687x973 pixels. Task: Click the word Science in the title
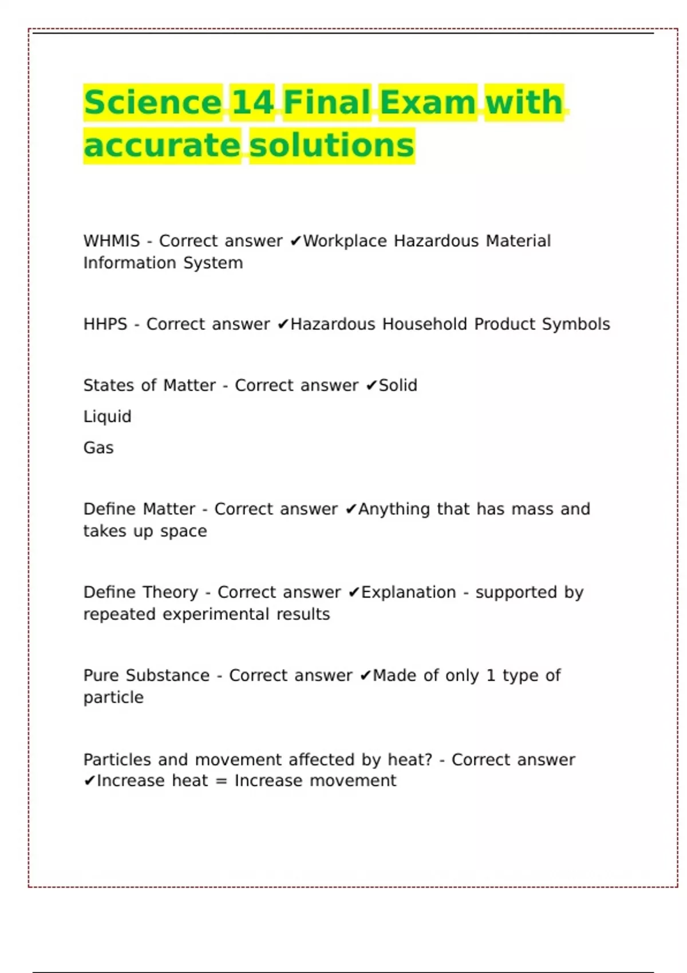coord(152,102)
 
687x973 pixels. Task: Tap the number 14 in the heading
coord(252,102)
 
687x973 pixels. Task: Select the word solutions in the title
coord(331,145)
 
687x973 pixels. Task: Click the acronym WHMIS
coord(112,241)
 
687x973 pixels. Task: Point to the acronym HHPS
coord(105,324)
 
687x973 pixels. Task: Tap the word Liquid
coord(107,417)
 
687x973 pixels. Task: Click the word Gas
coord(98,448)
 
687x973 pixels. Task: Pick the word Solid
coord(398,385)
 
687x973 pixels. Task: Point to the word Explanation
coord(409,592)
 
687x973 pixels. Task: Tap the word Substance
coord(168,675)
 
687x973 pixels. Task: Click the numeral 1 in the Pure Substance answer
coord(491,675)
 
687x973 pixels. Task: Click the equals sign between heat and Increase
coord(222,781)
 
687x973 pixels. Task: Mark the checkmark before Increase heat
coord(89,781)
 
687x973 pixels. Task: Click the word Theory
coord(169,592)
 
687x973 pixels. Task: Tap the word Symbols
coord(576,324)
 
